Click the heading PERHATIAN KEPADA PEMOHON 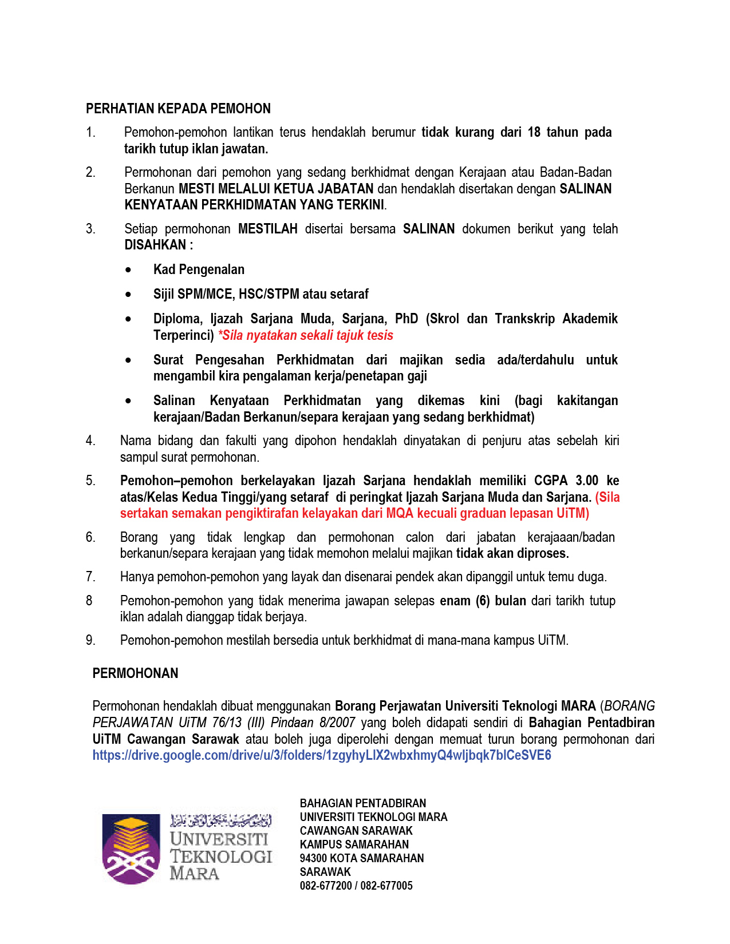(178, 109)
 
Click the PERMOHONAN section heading (135, 673)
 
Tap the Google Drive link (321, 755)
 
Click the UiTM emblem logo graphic (131, 849)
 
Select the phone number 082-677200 (326, 886)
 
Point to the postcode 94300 (313, 858)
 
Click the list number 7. (90, 577)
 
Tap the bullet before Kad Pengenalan (128, 270)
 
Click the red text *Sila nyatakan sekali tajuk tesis (305, 335)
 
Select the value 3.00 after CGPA (587, 481)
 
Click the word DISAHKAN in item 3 (155, 245)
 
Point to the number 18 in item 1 (534, 132)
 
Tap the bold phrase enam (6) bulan (483, 601)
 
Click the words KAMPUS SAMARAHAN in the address (354, 844)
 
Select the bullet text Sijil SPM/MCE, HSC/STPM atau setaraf (261, 294)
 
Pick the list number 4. (90, 441)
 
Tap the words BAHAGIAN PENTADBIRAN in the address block (362, 803)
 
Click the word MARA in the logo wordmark (194, 874)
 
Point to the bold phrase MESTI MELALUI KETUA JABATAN (276, 189)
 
